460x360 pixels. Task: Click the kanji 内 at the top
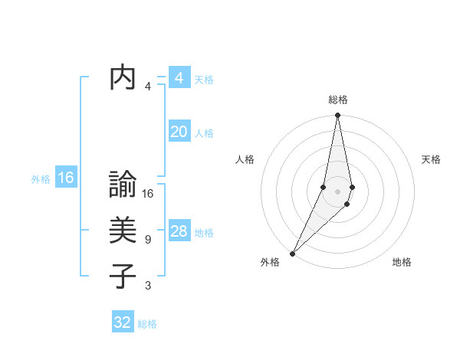point(123,78)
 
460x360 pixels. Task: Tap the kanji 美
point(123,231)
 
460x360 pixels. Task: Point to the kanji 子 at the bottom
point(123,276)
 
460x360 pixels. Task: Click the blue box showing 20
point(179,132)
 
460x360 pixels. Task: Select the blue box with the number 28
point(179,231)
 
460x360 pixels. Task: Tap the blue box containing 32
point(123,322)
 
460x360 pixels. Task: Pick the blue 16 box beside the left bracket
point(65,178)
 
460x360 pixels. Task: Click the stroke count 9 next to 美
point(147,240)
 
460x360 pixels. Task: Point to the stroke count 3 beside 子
point(147,286)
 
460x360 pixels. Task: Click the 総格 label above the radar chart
point(338,100)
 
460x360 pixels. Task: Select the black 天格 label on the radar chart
point(432,159)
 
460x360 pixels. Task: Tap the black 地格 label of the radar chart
point(402,262)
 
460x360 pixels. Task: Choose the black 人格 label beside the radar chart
point(245,159)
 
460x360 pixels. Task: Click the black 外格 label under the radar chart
point(270,262)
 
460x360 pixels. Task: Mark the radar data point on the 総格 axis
point(338,116)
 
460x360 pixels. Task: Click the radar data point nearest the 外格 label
point(293,253)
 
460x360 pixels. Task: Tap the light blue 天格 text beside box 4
point(204,80)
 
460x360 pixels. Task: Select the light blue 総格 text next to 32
point(147,324)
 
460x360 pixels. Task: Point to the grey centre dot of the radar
point(338,191)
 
